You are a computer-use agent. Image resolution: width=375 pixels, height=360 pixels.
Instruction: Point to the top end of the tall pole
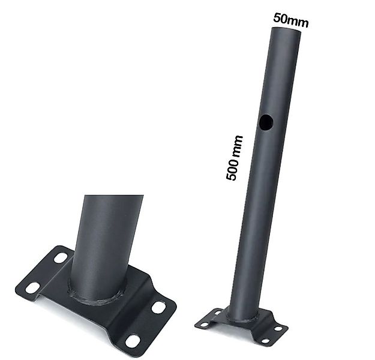[284, 30]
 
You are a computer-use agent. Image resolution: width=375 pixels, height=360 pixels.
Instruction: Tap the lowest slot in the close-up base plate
[133, 340]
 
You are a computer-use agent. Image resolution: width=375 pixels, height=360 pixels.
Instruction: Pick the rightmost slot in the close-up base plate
[158, 307]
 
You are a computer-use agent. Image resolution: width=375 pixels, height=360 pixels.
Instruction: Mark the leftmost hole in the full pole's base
[204, 325]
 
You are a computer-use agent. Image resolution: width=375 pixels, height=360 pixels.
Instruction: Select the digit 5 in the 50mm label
[277, 18]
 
